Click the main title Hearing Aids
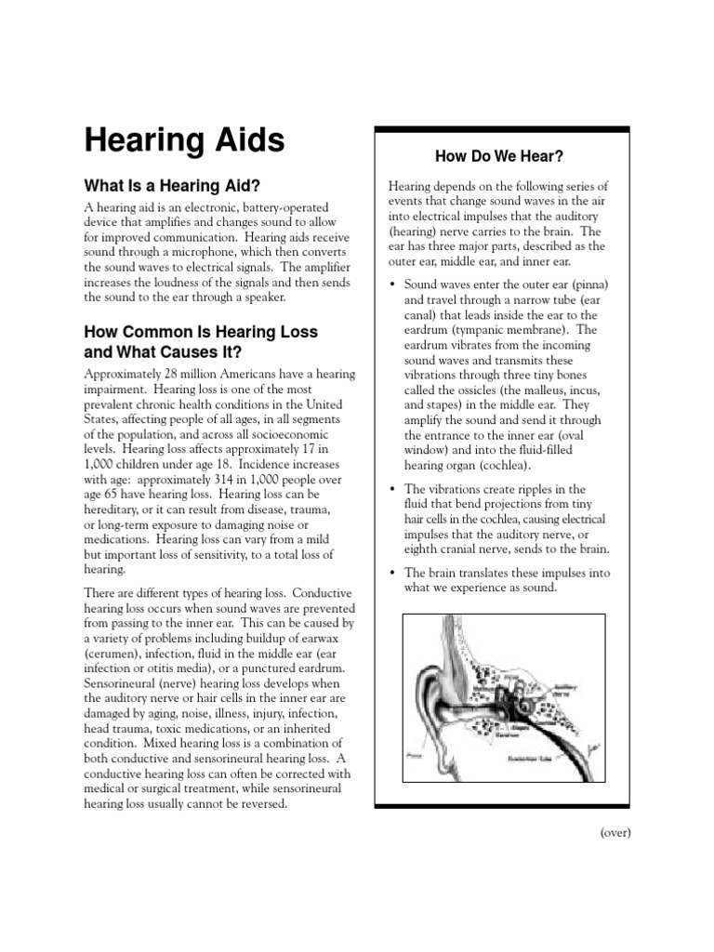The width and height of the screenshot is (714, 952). [x=185, y=140]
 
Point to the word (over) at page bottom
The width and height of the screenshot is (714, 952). [x=615, y=832]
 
